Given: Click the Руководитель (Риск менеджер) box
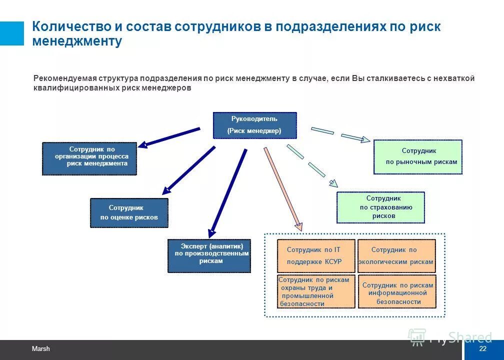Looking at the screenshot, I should click(254, 125).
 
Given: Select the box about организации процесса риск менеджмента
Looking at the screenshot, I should click(89, 158).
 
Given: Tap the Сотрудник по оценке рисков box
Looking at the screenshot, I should click(129, 213).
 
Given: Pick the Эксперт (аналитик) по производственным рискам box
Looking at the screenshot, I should click(209, 256).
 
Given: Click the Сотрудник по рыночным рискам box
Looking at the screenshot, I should click(418, 157).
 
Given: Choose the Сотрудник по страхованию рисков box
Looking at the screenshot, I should click(380, 207).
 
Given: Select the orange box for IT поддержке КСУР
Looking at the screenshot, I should click(316, 255).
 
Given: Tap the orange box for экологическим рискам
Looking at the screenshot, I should click(396, 255).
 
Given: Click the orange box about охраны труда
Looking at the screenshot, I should click(316, 291).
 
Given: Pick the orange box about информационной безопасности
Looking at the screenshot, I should click(396, 291).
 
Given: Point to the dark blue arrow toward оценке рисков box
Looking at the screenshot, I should click(189, 169).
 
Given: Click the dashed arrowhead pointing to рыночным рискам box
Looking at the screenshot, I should click(364, 139).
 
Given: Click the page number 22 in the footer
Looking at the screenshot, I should click(482, 349).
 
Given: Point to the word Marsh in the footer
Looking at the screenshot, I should click(41, 349).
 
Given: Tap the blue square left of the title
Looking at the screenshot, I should click(11, 33).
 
